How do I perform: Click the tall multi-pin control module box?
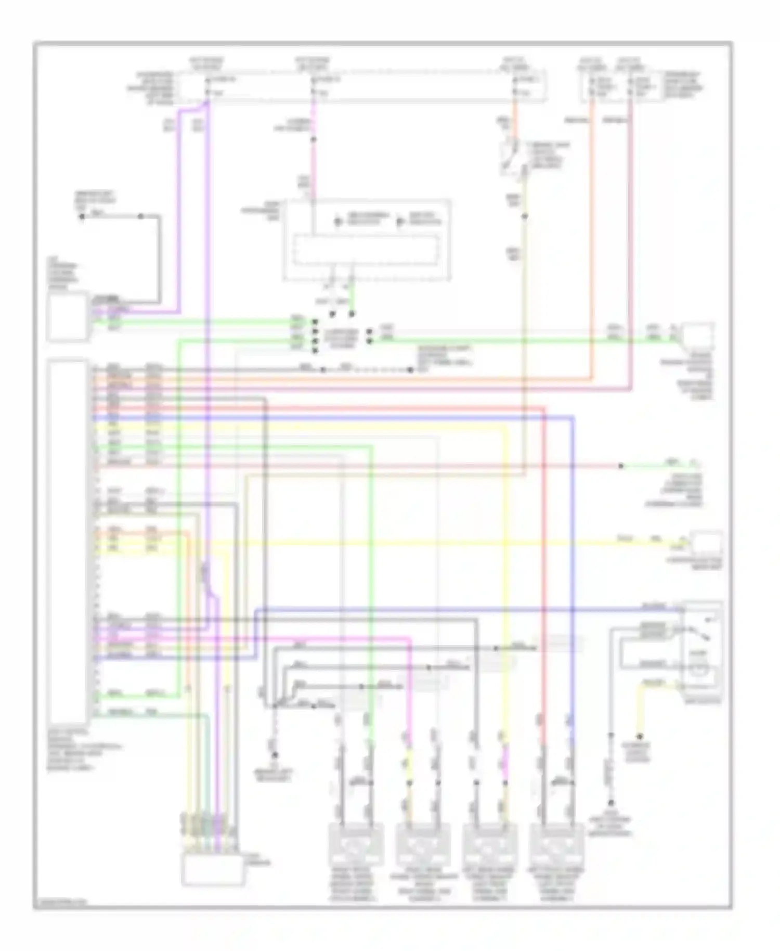(68, 538)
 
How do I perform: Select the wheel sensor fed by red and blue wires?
(556, 845)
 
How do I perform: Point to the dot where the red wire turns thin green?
(621, 466)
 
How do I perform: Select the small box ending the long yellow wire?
(706, 544)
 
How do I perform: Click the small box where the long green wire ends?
(698, 338)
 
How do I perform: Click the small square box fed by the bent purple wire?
(68, 316)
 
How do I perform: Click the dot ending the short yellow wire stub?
(640, 737)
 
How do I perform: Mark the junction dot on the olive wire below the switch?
(525, 215)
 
